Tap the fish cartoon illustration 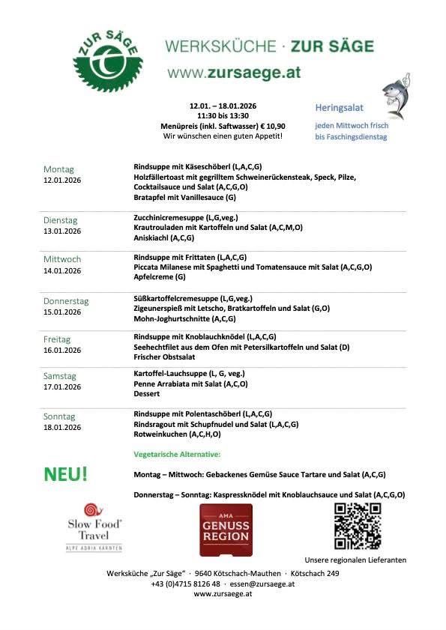pyautogui.click(x=395, y=96)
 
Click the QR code pyautogui.click(x=357, y=525)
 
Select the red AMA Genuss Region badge pyautogui.click(x=226, y=529)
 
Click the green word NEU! pyautogui.click(x=66, y=473)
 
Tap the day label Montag pyautogui.click(x=58, y=169)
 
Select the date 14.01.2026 pyautogui.click(x=62, y=270)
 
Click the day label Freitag pyautogui.click(x=58, y=339)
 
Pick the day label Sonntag pyautogui.click(x=59, y=417)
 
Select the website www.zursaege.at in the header pyautogui.click(x=234, y=73)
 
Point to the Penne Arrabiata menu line pyautogui.click(x=190, y=384)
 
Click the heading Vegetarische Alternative pyautogui.click(x=177, y=455)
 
